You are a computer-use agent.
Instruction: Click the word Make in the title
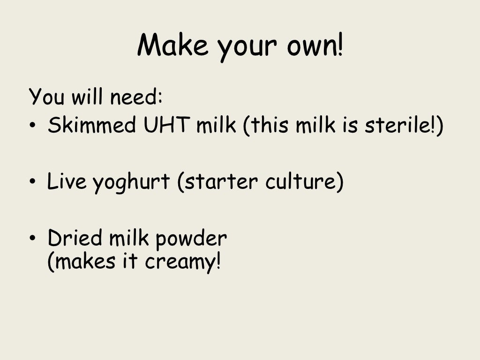pos(172,46)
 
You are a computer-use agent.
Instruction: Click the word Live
pos(67,182)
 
